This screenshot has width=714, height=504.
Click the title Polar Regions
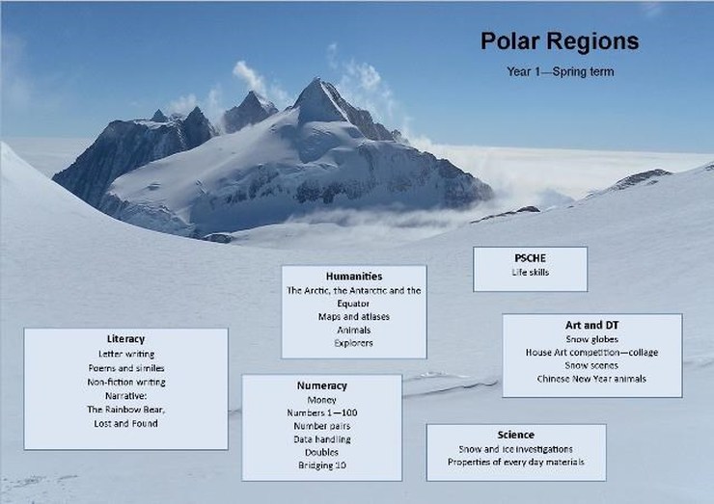click(x=560, y=41)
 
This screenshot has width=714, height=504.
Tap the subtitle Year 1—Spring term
click(x=561, y=72)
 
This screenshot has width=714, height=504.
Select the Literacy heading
click(x=125, y=339)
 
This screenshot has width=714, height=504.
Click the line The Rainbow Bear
click(x=126, y=410)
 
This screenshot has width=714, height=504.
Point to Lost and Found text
click(x=125, y=423)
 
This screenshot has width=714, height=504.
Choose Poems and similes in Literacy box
click(x=126, y=368)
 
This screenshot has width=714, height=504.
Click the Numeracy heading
click(x=322, y=385)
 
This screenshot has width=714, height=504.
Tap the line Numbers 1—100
click(x=322, y=412)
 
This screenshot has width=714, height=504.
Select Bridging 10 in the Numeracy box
click(x=322, y=464)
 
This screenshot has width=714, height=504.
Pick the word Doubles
click(x=321, y=452)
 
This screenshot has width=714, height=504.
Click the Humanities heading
click(x=354, y=277)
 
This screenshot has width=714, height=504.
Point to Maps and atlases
click(x=354, y=317)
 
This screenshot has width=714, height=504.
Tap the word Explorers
click(x=353, y=343)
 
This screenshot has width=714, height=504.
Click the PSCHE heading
click(x=530, y=258)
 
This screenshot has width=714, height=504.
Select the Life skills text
click(x=530, y=272)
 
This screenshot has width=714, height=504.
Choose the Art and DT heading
click(x=592, y=325)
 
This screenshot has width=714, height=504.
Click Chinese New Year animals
click(x=591, y=379)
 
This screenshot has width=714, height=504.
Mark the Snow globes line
click(x=592, y=339)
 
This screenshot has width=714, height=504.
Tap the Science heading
click(x=516, y=435)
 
